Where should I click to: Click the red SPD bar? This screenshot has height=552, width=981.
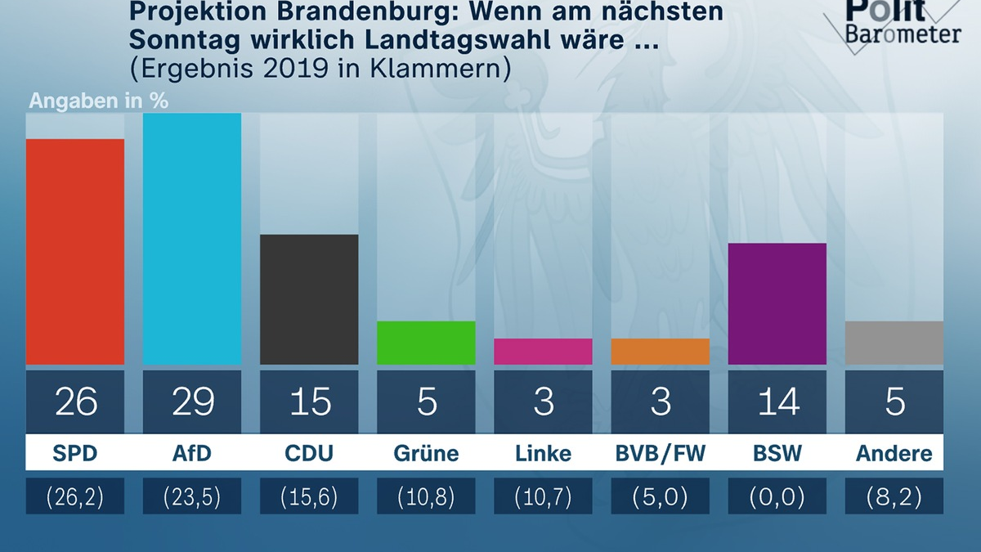[75, 252]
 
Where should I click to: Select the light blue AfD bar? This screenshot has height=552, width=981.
[192, 239]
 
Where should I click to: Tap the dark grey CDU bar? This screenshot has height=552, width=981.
[309, 299]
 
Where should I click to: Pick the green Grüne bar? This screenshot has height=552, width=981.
[426, 343]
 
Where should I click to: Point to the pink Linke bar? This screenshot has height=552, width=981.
[543, 352]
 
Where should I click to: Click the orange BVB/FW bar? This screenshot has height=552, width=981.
[660, 352]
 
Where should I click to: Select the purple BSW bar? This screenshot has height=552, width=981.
[777, 303]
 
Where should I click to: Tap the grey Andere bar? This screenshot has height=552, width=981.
[894, 343]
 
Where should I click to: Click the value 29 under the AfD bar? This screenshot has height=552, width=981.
[193, 402]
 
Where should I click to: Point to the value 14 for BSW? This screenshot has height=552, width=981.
[777, 402]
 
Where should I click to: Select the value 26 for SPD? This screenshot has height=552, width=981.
[75, 402]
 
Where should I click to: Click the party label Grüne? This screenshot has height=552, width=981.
[426, 454]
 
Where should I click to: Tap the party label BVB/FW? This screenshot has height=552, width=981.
[660, 454]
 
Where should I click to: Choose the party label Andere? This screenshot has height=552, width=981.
[894, 454]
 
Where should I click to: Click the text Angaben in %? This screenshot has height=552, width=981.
[99, 102]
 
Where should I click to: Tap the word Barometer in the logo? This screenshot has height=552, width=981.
[903, 34]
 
